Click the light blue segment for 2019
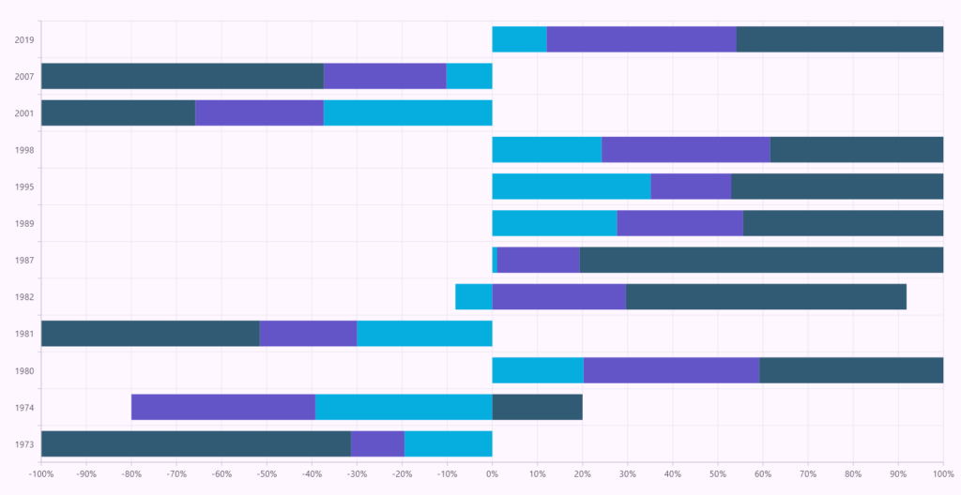tap(519, 39)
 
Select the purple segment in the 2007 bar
tap(385, 76)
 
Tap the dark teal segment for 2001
tap(118, 112)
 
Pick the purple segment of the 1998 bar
tap(685, 149)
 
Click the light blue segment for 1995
tap(571, 186)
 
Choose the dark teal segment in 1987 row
tap(761, 260)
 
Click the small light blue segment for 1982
tap(473, 296)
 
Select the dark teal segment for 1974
tap(537, 407)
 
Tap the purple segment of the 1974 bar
tap(223, 407)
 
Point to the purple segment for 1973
tap(377, 443)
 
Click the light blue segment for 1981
tap(424, 333)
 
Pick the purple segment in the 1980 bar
tap(671, 370)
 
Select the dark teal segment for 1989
tap(843, 223)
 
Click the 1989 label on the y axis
tap(24, 223)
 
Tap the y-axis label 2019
tap(24, 39)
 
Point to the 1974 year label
tap(24, 407)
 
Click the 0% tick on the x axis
tap(492, 473)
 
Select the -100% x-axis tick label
tap(41, 473)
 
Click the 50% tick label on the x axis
tap(717, 473)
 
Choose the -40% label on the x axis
tap(312, 473)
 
